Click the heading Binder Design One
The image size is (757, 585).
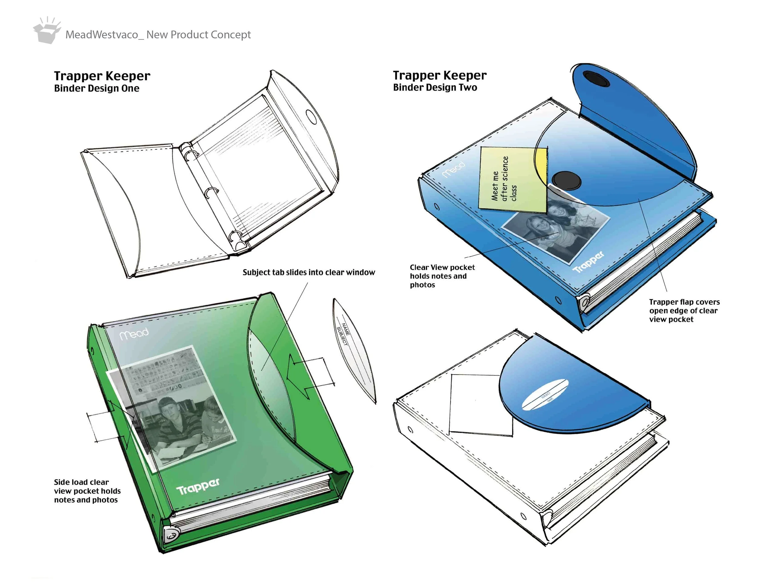tap(97, 88)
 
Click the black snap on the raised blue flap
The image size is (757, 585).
tap(596, 79)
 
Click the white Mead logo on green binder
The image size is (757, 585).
tap(134, 333)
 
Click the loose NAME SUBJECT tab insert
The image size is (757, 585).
tap(354, 350)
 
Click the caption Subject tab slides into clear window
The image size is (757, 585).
tap(309, 273)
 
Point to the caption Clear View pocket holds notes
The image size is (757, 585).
tap(442, 276)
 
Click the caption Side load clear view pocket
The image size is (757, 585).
tap(87, 491)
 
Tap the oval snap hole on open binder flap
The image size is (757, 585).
tap(311, 117)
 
